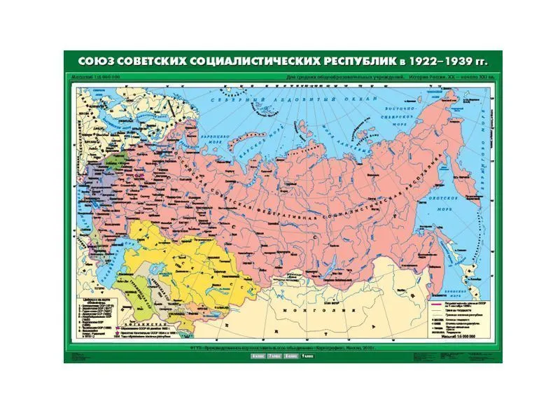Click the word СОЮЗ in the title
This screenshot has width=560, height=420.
point(96,61)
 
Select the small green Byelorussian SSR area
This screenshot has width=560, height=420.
point(101,160)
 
